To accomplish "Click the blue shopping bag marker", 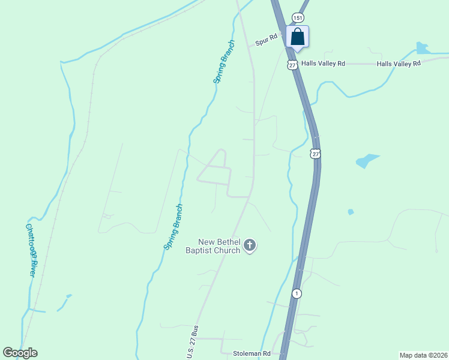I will point(297,37).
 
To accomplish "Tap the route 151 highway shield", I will point(297,18).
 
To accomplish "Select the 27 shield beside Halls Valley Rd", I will point(292,64).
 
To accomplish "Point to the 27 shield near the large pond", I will point(316,154).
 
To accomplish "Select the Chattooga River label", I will point(31,250).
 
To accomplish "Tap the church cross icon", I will point(250,245).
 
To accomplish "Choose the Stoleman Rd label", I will point(252,354).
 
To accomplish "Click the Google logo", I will point(20,353).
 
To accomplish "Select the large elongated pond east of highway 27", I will point(367,161).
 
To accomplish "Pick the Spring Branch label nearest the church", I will point(173,227).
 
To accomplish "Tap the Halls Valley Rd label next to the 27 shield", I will point(324,64).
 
